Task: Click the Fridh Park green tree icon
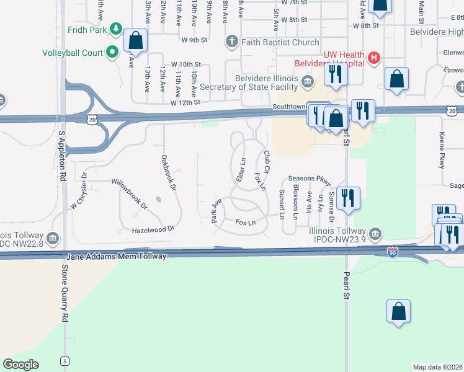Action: point(115,29)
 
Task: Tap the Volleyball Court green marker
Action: point(112,53)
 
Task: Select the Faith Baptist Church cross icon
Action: point(231,42)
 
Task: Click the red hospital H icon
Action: point(373,58)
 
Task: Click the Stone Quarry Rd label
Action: point(65,292)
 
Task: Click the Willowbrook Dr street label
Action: point(129,193)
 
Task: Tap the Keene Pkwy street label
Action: point(442,158)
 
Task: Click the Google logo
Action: point(20,365)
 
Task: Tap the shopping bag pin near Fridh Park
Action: point(135,41)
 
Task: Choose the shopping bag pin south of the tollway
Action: point(398,311)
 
